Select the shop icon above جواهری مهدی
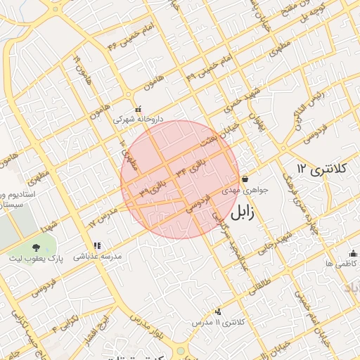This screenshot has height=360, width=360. pyautogui.click(x=244, y=179)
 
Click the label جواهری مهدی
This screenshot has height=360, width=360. pyautogui.click(x=242, y=190)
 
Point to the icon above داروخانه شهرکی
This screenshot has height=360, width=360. pyautogui.click(x=139, y=109)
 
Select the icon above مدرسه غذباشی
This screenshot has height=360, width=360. pyautogui.click(x=97, y=246)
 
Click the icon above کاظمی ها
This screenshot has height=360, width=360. pyautogui.click(x=352, y=253)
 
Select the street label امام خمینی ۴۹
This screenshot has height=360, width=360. pyautogui.click(x=210, y=65)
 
